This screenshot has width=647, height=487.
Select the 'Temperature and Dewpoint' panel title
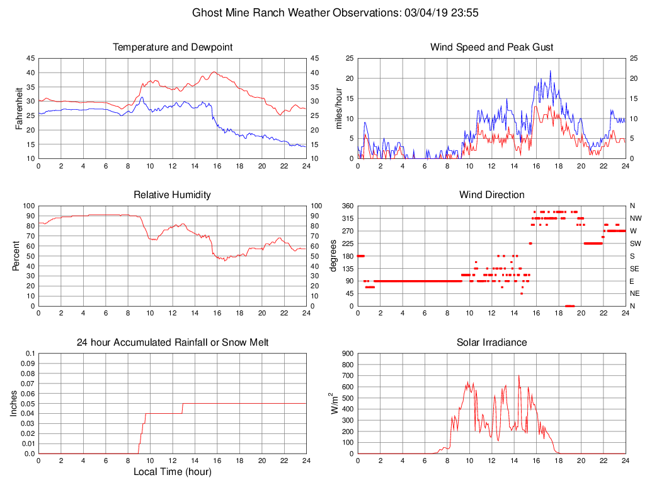pos(172,47)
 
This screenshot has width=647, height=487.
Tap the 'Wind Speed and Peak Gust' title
pos(491,47)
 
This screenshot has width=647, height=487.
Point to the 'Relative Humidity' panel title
pos(172,195)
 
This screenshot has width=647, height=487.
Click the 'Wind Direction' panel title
pos(491,195)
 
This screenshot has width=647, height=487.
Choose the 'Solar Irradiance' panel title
pos(491,343)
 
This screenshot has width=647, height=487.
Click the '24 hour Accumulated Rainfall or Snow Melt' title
pos(172,343)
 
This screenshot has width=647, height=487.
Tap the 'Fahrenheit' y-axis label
pos(20,109)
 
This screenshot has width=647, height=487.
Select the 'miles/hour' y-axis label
pos(339,109)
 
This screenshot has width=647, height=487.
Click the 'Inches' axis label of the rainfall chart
pos(14,404)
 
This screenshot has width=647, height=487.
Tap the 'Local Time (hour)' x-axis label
pos(172,472)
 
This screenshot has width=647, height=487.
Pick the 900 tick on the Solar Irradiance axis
pos(347,354)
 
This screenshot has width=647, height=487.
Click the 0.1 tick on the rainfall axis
pos(30,354)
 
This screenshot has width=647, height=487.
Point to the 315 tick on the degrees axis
pos(347,218)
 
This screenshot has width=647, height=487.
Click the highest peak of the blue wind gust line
pos(550,71)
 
